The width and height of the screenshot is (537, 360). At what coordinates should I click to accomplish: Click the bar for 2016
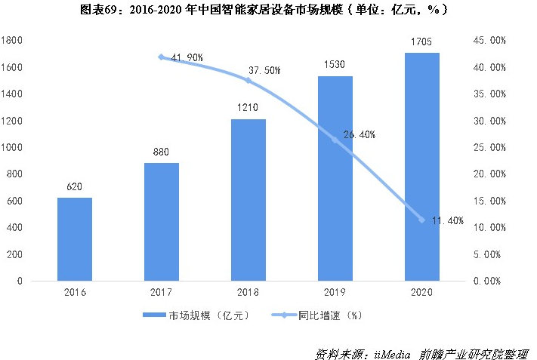point(75,239)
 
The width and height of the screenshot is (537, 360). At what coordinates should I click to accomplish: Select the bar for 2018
point(248,200)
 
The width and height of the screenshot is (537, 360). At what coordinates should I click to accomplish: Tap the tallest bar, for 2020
point(422,167)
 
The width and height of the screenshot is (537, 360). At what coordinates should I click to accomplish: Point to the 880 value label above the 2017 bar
point(162,151)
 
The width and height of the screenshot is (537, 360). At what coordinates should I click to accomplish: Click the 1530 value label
point(335,65)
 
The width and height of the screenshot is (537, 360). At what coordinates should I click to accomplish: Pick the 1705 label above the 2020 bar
point(422,42)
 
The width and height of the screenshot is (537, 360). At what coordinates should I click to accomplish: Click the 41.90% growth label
point(187,57)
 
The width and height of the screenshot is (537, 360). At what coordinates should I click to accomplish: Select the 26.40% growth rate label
point(360,135)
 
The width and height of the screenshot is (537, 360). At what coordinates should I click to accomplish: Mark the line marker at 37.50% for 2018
point(248,80)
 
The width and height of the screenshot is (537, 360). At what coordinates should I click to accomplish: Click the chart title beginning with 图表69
point(269,11)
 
